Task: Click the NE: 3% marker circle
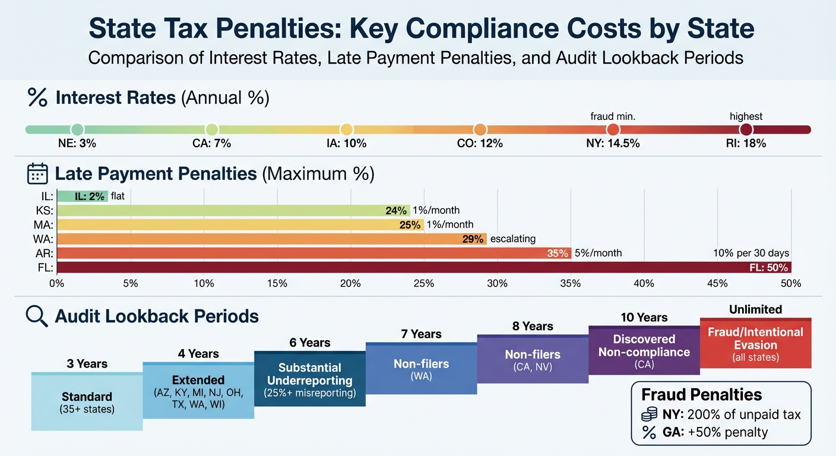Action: pos(77,129)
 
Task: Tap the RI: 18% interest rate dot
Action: pos(746,129)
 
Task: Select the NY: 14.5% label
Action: pos(613,144)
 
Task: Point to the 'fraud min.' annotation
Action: pos(613,116)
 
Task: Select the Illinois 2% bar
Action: pos(83,196)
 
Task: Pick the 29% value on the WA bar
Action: pos(473,239)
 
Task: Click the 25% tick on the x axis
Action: pos(424,283)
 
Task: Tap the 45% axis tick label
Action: pos(717,283)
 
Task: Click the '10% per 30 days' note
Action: pos(752,253)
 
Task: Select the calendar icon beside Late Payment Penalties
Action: pos(37,173)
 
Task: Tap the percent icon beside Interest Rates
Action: pos(37,97)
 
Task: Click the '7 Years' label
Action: pos(422,334)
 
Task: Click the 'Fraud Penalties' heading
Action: pos(701,395)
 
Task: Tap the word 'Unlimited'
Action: pos(755,309)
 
